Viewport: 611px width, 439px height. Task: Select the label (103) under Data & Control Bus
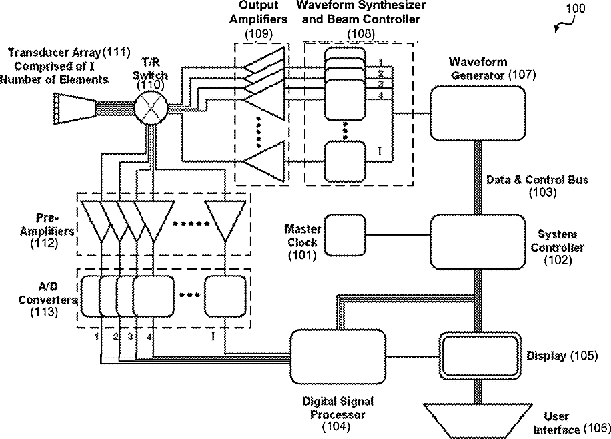(x=537, y=192)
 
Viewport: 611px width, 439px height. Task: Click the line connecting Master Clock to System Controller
(x=398, y=235)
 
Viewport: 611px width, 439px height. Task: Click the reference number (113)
(x=43, y=311)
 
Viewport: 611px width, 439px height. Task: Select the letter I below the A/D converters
(x=213, y=336)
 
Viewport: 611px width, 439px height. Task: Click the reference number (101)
(x=302, y=254)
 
